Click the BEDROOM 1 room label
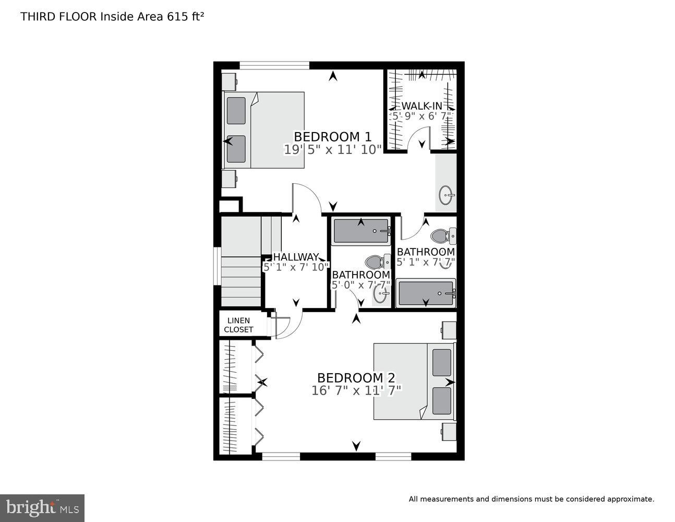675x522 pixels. (x=332, y=137)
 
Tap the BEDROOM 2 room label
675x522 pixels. (x=356, y=378)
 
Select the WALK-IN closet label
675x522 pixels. (x=421, y=106)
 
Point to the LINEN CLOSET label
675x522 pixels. (x=238, y=325)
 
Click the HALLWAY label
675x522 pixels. (x=296, y=257)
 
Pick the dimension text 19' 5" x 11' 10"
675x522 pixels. (x=332, y=150)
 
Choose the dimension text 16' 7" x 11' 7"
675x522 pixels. (x=356, y=390)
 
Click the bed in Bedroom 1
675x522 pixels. (x=264, y=130)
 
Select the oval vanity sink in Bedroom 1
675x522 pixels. (x=447, y=195)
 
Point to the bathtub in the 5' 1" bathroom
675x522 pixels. (x=426, y=293)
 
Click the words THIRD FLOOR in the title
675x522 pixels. (x=58, y=16)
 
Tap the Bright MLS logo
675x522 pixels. (x=42, y=507)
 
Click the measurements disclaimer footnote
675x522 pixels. (x=531, y=499)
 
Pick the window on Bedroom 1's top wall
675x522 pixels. (x=274, y=65)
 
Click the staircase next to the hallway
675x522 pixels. (x=242, y=261)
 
